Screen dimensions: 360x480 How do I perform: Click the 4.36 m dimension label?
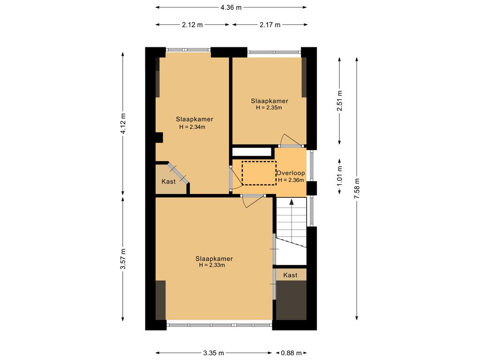click(232, 7)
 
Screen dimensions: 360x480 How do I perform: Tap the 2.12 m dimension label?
click(193, 25)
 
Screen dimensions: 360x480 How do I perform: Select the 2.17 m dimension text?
click(270, 25)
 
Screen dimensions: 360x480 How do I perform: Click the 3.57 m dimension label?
click(123, 258)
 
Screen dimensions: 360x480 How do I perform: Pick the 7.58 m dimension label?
click(357, 189)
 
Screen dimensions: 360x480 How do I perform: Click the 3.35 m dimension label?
click(214, 353)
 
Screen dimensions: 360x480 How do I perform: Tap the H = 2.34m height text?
click(192, 127)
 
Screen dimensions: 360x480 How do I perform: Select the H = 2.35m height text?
click(269, 108)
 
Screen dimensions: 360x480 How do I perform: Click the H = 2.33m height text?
click(212, 265)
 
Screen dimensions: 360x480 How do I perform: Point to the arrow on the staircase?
click(292, 202)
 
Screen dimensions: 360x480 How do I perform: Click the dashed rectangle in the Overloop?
click(259, 173)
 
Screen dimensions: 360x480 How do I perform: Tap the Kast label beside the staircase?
click(290, 275)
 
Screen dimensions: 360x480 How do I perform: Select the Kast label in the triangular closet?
click(168, 181)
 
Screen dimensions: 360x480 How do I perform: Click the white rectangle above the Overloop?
click(252, 151)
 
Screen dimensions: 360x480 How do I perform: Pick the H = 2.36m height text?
click(291, 180)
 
